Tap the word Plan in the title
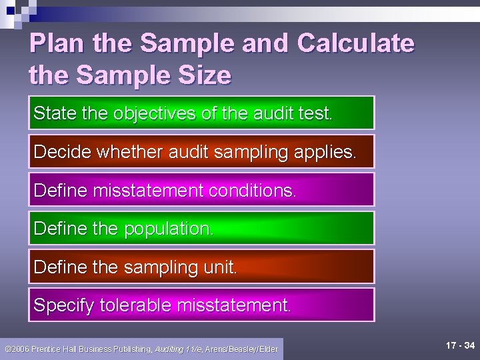coord(57,43)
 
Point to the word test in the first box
coord(315,113)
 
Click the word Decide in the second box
coord(62,152)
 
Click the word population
coord(167,229)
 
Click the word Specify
coord(64,306)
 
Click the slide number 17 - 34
coord(461,345)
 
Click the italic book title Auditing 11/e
coord(178,349)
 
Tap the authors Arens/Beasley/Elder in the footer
coord(241,349)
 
